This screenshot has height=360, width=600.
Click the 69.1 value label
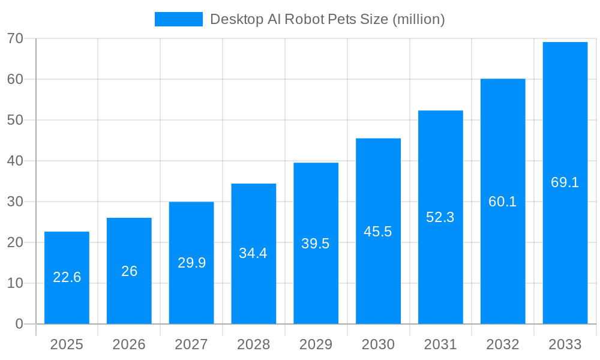(565, 182)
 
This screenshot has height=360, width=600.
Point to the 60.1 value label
(503, 202)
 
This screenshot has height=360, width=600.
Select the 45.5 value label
(378, 232)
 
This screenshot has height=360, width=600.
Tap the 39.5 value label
(316, 244)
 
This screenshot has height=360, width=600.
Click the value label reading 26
(129, 271)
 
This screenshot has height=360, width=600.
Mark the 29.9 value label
(191, 263)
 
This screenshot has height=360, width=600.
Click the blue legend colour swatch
(178, 19)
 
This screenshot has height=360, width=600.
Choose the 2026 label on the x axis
(129, 344)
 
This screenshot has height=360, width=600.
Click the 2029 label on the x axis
(316, 344)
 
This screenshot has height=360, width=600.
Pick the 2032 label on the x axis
(503, 344)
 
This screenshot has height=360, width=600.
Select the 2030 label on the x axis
(378, 344)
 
